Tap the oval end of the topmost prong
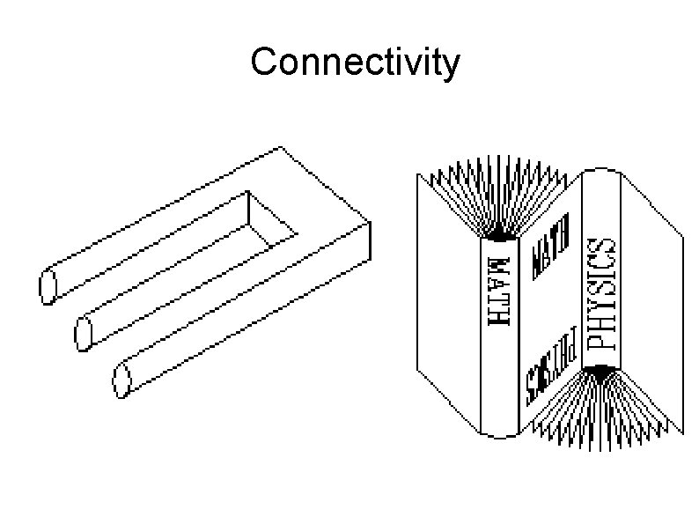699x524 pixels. point(48,287)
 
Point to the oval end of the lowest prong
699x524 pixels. point(121,380)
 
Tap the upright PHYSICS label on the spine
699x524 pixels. point(601,293)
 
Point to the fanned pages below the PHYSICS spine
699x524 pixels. point(607,410)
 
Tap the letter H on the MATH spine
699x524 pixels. point(497,318)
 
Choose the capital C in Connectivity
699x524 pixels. point(263,63)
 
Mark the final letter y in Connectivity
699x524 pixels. point(448,67)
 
